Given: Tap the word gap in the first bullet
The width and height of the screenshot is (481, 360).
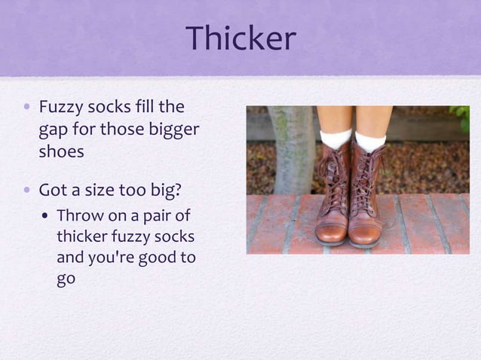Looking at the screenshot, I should tap(52, 131).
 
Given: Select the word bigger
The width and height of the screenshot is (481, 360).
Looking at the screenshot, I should tap(173, 130).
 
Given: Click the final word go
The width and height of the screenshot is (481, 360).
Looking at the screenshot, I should tap(66, 279).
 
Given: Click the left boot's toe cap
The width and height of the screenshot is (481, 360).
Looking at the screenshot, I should tap(329, 232).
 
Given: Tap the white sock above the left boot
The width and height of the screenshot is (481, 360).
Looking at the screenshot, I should tap(335, 138).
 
